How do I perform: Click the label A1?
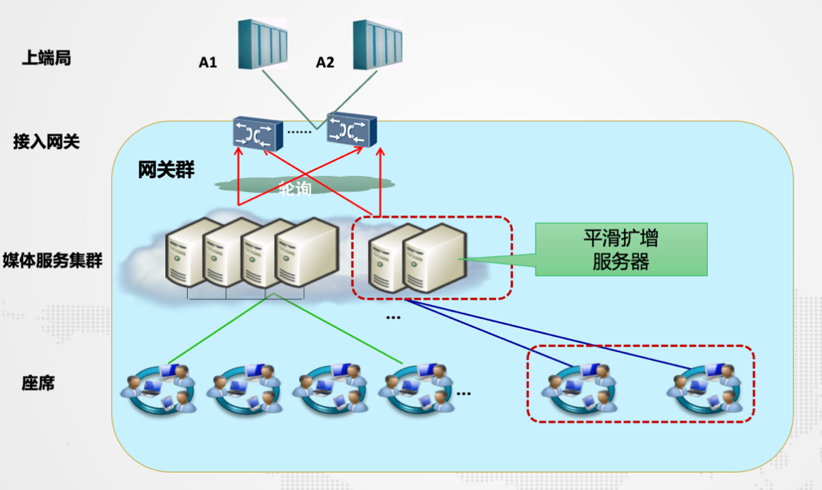tap(208, 63)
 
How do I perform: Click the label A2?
tap(325, 63)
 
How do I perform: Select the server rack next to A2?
tap(378, 45)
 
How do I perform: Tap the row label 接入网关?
tap(46, 141)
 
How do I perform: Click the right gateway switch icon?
tap(351, 130)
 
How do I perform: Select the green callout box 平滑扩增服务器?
tap(621, 250)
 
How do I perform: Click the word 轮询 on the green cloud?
tap(295, 189)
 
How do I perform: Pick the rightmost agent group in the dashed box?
tap(704, 387)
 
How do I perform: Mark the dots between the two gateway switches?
tap(298, 132)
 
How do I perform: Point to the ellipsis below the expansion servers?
tap(393, 318)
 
